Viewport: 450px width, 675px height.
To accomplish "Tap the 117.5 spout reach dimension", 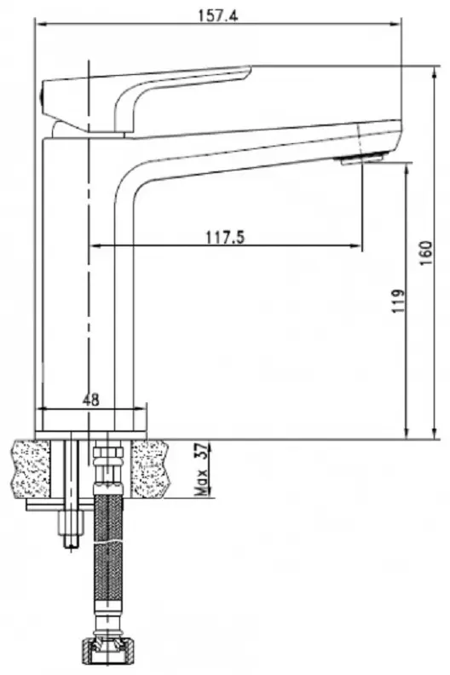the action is tap(225, 237).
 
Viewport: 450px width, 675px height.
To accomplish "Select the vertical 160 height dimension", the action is tap(425, 253).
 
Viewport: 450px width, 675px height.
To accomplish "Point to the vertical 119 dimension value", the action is tap(399, 302).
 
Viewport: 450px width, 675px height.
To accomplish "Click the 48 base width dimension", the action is tap(90, 400).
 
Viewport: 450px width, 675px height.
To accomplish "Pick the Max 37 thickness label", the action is tap(201, 470).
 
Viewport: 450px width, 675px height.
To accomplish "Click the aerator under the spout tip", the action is tap(361, 159).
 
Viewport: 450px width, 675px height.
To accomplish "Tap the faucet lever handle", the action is tap(146, 98).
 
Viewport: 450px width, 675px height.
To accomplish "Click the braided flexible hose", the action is tap(107, 557).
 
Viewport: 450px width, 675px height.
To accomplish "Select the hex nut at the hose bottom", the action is tap(106, 649).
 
